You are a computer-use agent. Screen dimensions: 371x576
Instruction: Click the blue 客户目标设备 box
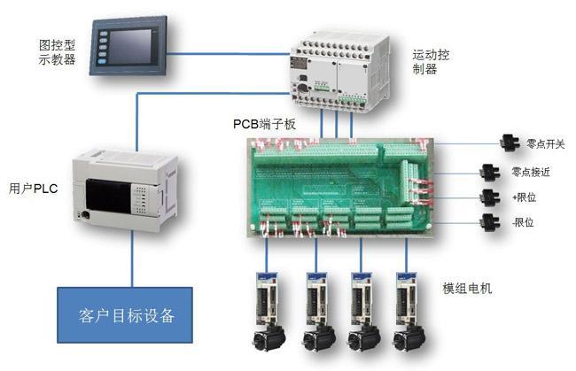click(x=126, y=315)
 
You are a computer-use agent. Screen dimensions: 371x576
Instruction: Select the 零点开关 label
click(x=545, y=143)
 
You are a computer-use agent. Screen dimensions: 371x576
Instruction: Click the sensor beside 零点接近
click(x=488, y=171)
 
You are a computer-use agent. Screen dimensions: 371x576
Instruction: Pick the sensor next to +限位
click(x=488, y=197)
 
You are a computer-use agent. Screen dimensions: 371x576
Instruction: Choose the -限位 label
click(x=525, y=222)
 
